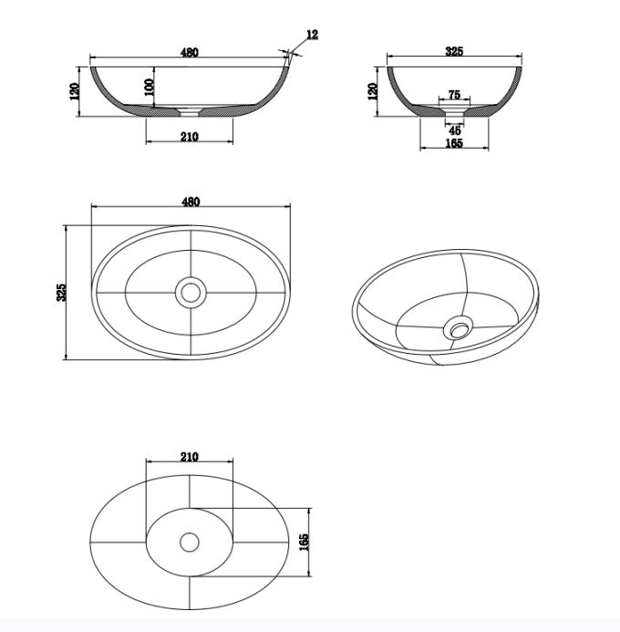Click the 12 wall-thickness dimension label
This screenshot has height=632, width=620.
(x=312, y=35)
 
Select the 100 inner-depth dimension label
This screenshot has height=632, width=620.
(x=149, y=87)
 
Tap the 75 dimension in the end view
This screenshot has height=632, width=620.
(x=454, y=95)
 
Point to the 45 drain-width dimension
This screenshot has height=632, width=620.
(x=454, y=130)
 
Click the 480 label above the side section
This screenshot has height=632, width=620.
(x=190, y=52)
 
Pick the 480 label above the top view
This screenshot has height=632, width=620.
(x=191, y=202)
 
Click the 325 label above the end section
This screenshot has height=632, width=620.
(x=454, y=51)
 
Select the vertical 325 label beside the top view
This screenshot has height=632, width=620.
(x=61, y=292)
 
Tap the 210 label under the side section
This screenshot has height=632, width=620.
(x=190, y=137)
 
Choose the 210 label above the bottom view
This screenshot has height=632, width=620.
(x=190, y=457)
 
